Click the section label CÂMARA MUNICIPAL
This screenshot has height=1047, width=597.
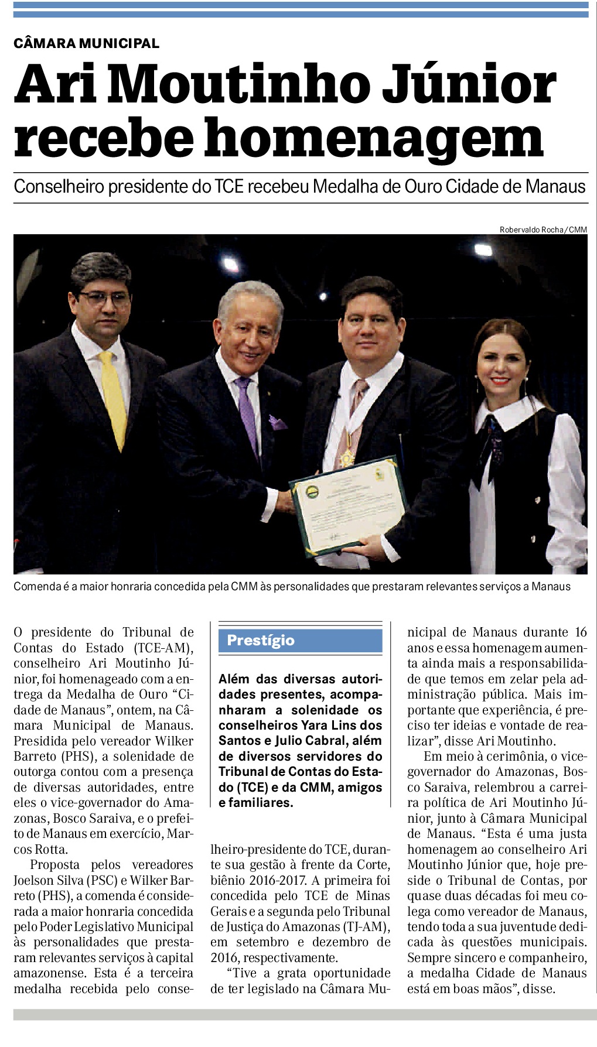coord(86,43)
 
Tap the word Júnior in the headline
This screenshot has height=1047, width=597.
coord(469,85)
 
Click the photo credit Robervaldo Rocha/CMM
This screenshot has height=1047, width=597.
coord(543,230)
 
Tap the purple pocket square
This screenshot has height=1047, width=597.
coord(277,422)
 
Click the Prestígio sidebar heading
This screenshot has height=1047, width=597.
coord(261,640)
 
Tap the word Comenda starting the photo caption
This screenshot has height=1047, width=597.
coord(37,586)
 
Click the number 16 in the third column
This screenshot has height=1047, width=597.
coord(580,632)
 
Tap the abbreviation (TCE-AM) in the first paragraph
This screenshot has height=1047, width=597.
coord(162,648)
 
